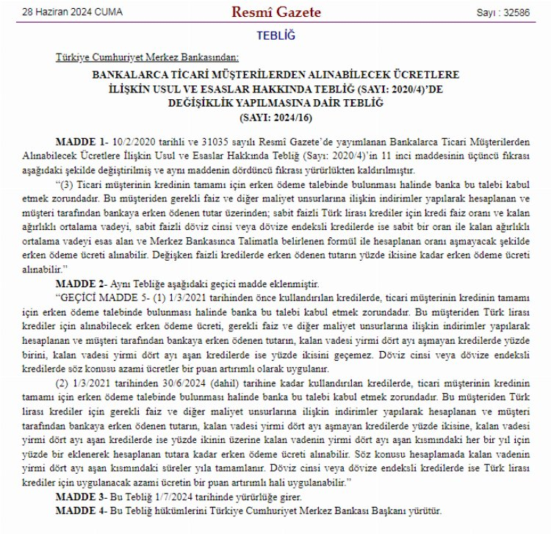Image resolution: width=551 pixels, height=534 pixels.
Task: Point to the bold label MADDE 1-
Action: (x=82, y=140)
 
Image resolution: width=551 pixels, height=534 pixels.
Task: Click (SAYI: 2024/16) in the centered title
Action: (x=274, y=116)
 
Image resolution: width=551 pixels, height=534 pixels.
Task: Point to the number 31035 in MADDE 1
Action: (x=208, y=140)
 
